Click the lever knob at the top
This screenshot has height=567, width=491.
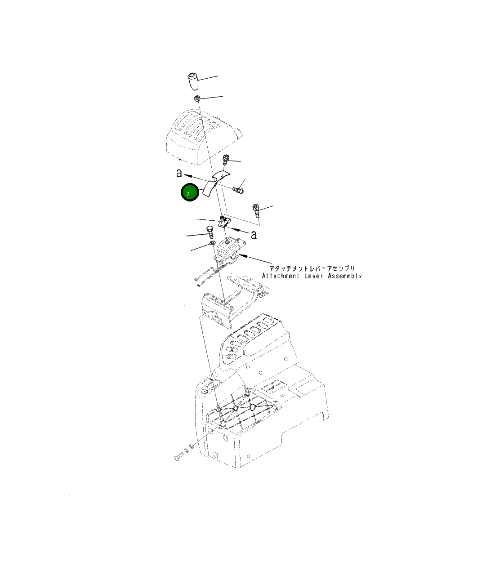click(194, 81)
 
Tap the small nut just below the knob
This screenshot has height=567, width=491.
click(197, 98)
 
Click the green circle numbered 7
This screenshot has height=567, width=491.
click(189, 192)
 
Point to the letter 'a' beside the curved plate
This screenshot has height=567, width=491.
click(179, 173)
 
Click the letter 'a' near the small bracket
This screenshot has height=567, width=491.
click(254, 235)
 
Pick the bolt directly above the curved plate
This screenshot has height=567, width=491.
click(226, 159)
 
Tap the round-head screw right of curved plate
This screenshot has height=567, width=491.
click(238, 191)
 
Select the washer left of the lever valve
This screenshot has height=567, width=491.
click(211, 244)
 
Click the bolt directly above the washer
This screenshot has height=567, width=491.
click(210, 232)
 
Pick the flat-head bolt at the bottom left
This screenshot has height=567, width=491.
click(179, 457)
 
